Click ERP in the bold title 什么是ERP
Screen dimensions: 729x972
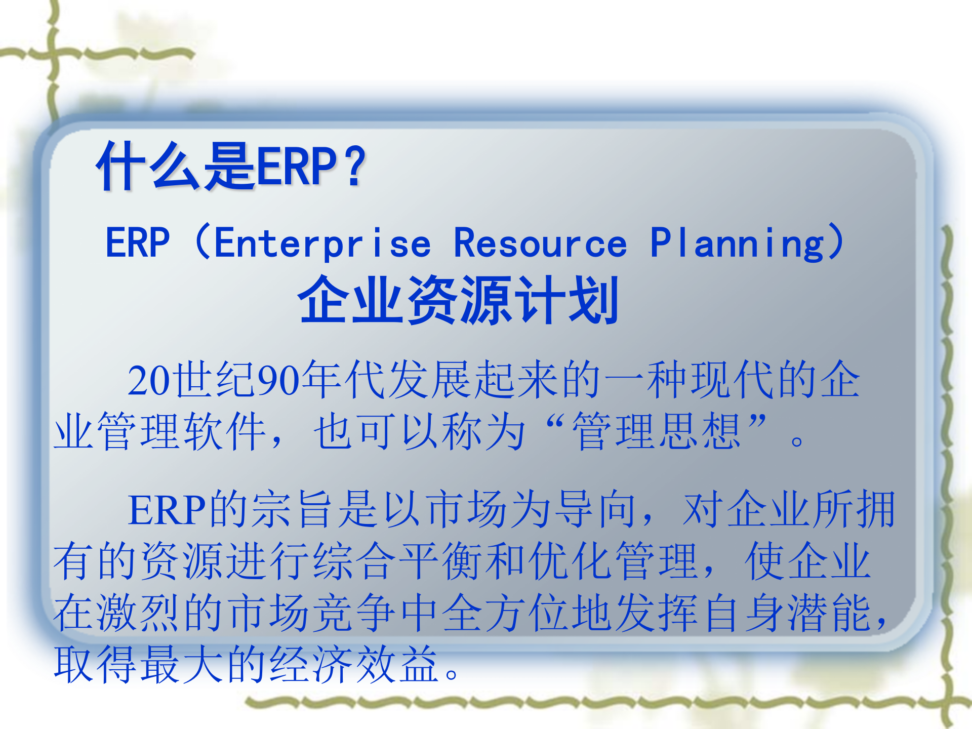[x=297, y=166]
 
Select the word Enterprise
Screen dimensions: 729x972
[x=322, y=244]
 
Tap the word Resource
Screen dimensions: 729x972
[x=540, y=244]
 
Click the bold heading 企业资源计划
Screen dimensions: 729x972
[x=458, y=300]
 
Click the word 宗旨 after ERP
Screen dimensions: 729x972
[x=295, y=509]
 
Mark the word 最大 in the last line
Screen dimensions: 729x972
[x=182, y=664]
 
